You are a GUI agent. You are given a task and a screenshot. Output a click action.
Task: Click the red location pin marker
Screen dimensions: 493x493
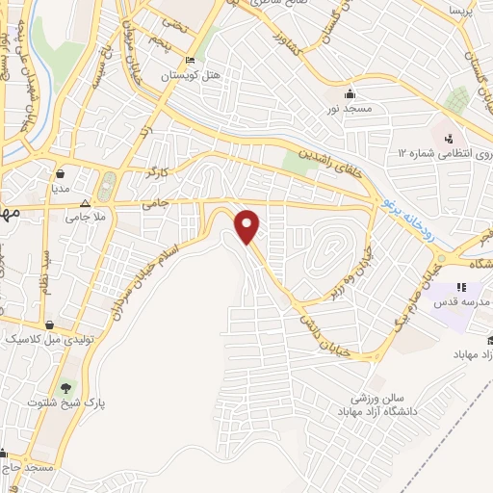point(248,226)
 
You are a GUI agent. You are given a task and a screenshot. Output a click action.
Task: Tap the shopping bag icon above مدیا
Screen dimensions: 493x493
point(62,174)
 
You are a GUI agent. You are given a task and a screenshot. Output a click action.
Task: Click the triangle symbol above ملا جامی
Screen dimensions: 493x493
point(85,204)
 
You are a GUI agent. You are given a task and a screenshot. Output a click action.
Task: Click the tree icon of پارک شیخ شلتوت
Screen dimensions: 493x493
point(65,388)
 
